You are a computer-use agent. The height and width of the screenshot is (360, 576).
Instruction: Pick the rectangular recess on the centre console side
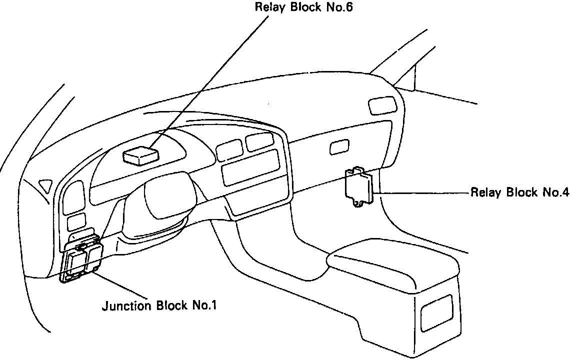point(436,313)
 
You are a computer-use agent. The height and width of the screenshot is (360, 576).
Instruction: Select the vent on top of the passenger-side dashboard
point(381,106)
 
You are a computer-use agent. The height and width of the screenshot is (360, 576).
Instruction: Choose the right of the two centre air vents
point(259,141)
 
